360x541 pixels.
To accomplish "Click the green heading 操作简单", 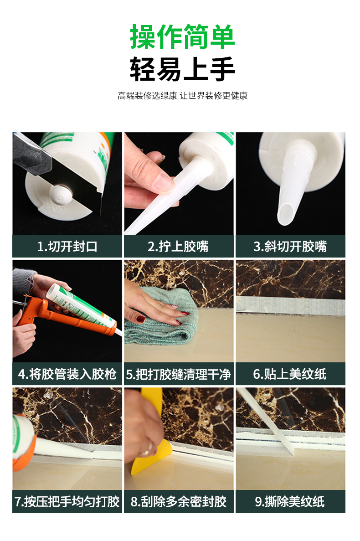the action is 182,36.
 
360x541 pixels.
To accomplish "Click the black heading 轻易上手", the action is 182,69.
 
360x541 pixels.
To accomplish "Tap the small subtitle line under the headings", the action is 182,96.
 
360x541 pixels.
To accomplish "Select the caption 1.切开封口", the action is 67,247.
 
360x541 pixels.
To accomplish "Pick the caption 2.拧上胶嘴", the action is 178,247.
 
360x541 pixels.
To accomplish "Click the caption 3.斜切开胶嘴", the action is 290,247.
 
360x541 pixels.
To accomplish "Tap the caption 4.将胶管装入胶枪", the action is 67,374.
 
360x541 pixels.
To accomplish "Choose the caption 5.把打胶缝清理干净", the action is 178,374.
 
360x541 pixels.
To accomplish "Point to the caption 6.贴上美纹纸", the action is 290,374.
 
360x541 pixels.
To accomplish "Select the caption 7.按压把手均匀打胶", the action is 67,502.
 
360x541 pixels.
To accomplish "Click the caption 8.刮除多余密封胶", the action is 178,502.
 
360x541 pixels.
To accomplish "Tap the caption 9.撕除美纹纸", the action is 290,502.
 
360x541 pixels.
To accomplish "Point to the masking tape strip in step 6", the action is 290,305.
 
